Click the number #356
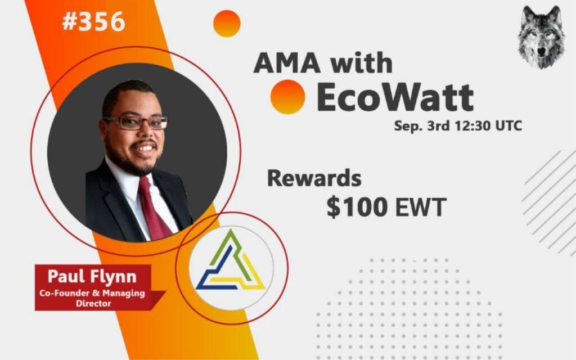pyautogui.click(x=94, y=21)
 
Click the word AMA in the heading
pyautogui.click(x=287, y=63)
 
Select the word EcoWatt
pyautogui.click(x=395, y=97)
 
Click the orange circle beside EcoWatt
pyautogui.click(x=287, y=97)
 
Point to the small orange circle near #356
pyautogui.click(x=227, y=24)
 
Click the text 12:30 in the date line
pyautogui.click(x=472, y=126)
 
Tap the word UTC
pyautogui.click(x=508, y=126)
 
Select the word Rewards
pyautogui.click(x=314, y=178)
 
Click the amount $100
pyautogui.click(x=357, y=207)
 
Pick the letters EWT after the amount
pyautogui.click(x=421, y=207)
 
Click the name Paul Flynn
pyautogui.click(x=92, y=276)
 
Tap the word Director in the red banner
pyautogui.click(x=93, y=303)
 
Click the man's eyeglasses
pyautogui.click(x=136, y=122)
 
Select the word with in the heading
pyautogui.click(x=361, y=63)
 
